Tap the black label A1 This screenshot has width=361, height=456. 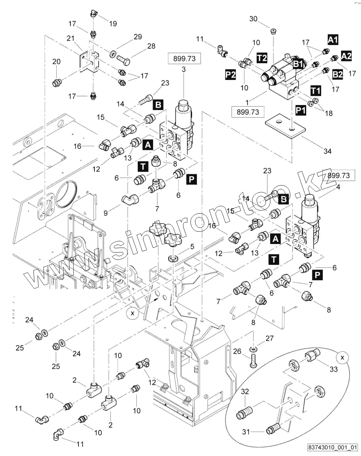click(333, 39)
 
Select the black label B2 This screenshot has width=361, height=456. click(337, 74)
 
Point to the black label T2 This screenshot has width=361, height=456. click(262, 57)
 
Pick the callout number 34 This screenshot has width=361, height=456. click(327, 151)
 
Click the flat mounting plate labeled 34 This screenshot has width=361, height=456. click(285, 126)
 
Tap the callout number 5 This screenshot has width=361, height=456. click(192, 246)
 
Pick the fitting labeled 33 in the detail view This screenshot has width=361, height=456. click(310, 358)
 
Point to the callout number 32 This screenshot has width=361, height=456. click(244, 391)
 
